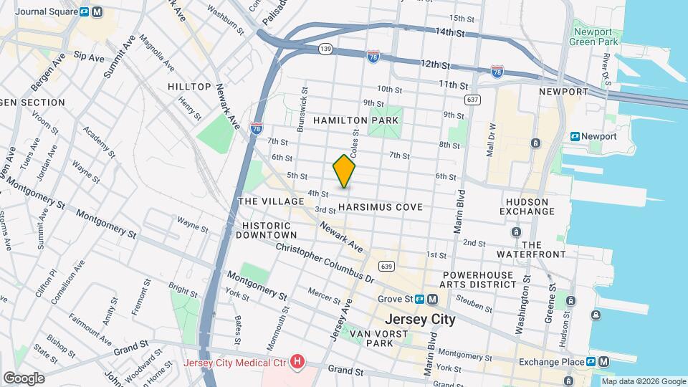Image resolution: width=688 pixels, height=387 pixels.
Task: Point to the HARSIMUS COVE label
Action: click(380, 206)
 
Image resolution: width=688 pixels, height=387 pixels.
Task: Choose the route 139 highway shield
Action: click(325, 48)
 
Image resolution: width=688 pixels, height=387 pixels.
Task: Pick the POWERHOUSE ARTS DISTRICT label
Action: click(479, 279)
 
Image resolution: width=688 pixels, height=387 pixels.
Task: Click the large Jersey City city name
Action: click(420, 320)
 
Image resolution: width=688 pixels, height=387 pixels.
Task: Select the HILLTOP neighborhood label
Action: click(189, 86)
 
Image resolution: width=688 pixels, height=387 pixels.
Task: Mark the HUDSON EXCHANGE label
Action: click(527, 206)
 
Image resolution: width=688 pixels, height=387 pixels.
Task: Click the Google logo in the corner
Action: click(24, 378)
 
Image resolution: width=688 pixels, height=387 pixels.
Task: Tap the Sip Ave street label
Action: click(89, 55)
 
